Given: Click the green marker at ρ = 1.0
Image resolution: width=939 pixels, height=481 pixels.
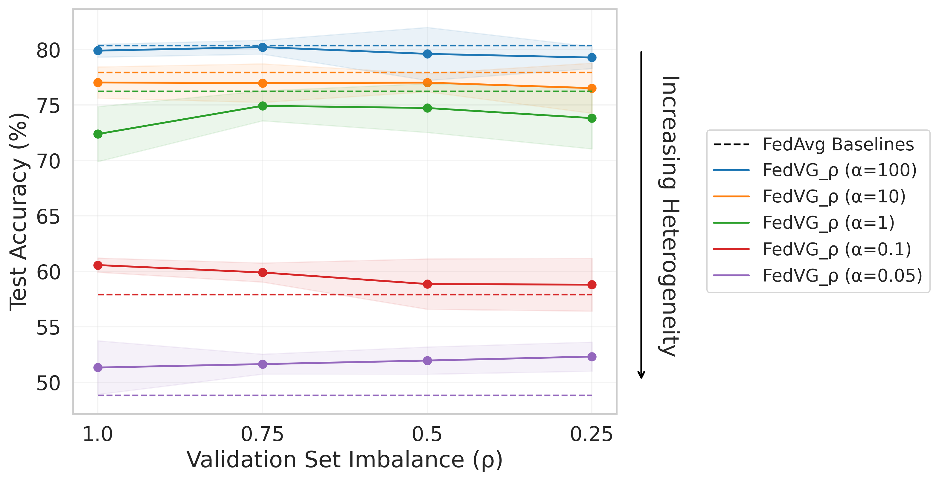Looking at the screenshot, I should tap(98, 134).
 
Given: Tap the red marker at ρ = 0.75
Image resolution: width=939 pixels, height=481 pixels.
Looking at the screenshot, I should tap(263, 272).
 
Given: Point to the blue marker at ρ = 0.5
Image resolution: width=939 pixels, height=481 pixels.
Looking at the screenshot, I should tap(427, 54).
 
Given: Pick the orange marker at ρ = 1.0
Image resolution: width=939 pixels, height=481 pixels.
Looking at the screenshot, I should tap(98, 83).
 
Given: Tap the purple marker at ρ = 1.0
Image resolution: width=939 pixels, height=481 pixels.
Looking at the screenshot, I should tap(98, 367).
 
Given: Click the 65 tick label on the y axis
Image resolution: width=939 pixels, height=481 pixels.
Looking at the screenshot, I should tap(48, 217).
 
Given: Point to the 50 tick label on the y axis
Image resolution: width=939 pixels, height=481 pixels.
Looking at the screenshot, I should tap(48, 383).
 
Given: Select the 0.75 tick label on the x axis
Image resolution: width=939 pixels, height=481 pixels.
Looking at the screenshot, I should tap(263, 434).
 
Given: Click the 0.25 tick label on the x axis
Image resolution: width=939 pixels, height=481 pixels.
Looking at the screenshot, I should tap(591, 434).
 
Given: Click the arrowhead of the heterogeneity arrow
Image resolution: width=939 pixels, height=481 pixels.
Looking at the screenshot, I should tap(641, 375).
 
